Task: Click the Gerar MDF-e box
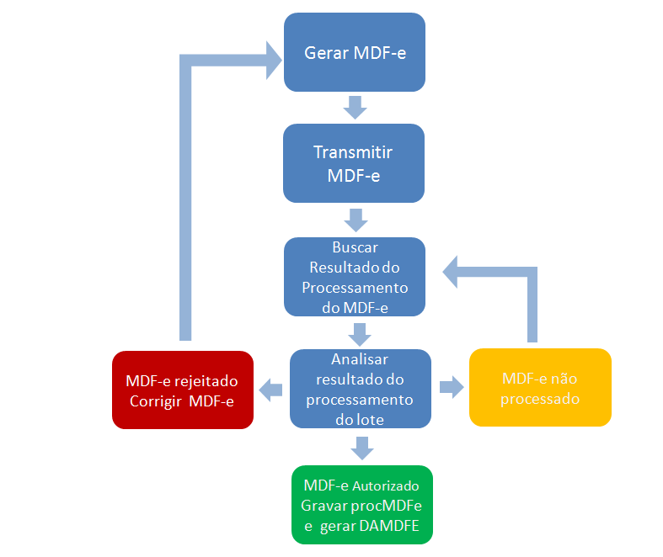pos(354,52)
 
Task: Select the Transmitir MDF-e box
pos(353,163)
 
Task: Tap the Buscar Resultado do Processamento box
pos(354,277)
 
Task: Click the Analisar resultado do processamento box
pos(360,388)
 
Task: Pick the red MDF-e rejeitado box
pos(183,390)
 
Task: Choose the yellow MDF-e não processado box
pos(539,387)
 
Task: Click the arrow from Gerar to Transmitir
pos(355,107)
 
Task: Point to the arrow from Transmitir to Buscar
pos(355,220)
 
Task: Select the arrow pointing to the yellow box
pos(451,388)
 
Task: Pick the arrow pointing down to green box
pos(361,448)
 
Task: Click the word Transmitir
pos(353,152)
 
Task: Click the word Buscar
pos(355,248)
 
